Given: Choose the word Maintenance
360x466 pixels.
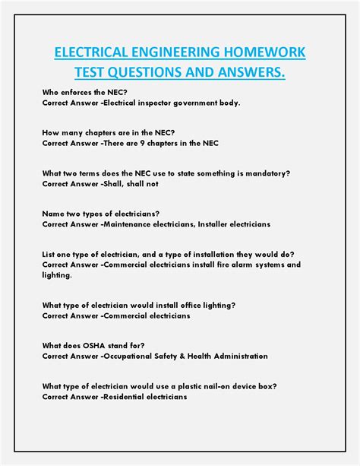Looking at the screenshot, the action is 135,224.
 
